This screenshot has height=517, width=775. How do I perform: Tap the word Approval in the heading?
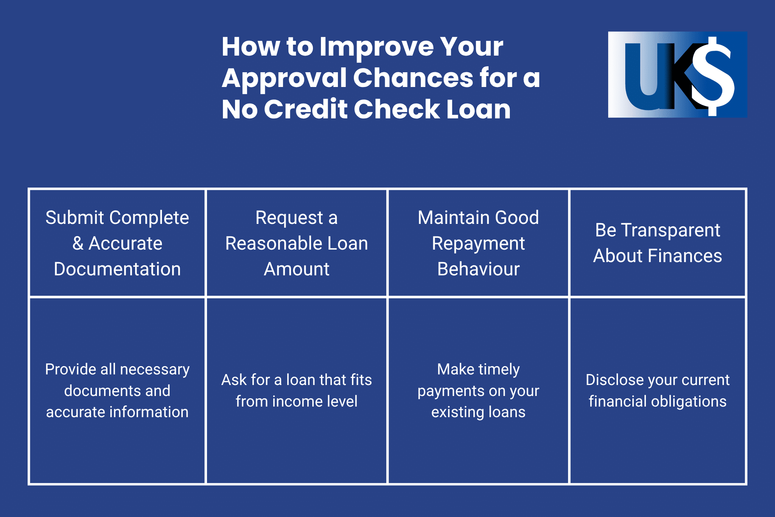284,78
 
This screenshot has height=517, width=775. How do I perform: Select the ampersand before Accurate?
78,243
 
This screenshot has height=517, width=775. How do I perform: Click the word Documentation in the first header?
117,269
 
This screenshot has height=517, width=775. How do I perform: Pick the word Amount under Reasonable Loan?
296,269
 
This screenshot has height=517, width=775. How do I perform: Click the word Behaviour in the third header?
478,269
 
